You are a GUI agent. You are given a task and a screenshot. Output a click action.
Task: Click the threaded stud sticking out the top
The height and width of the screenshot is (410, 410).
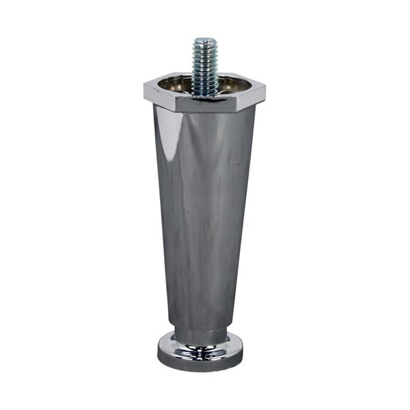click(204, 65)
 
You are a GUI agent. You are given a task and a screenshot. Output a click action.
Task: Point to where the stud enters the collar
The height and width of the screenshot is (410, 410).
click(204, 92)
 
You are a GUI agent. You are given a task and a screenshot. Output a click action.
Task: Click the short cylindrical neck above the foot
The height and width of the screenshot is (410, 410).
click(201, 335)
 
